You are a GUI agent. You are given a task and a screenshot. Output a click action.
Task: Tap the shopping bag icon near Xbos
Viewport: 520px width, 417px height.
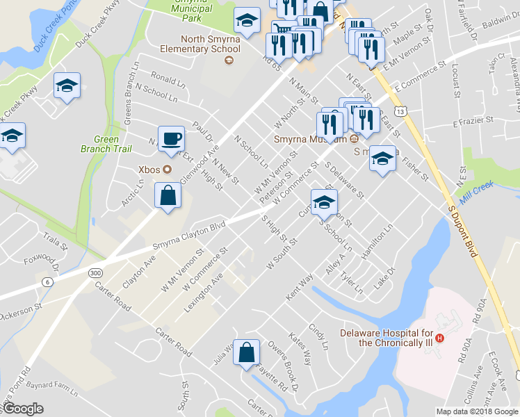coord(168,196)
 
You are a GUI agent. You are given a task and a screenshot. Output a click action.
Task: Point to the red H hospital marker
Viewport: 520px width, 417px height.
coord(439,338)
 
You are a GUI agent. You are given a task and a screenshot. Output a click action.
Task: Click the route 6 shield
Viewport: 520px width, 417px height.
coord(47,281)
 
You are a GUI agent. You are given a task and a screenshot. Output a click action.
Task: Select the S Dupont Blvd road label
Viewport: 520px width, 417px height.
coord(465,229)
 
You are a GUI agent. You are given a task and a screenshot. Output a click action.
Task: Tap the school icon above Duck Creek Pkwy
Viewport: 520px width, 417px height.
coord(67,85)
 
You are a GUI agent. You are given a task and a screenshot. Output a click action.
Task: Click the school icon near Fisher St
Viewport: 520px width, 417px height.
coord(382,159)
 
